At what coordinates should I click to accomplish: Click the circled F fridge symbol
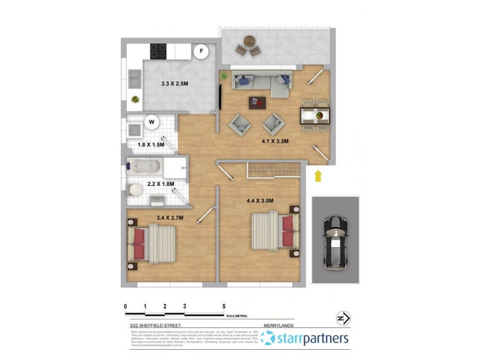point(202,52)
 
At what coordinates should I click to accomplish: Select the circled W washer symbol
point(152,122)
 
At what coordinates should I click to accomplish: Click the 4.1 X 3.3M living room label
point(275,142)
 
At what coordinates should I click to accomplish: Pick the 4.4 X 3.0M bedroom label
point(260,200)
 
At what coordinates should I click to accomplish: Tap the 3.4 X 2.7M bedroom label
point(170,217)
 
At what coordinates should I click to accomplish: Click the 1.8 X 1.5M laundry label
point(150,145)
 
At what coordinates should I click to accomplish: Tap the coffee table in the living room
point(257,103)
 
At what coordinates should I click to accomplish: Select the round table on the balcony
point(248,43)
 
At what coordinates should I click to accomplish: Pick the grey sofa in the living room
point(264,83)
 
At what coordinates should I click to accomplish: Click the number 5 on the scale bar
point(223,306)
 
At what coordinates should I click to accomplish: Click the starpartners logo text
point(312,339)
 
